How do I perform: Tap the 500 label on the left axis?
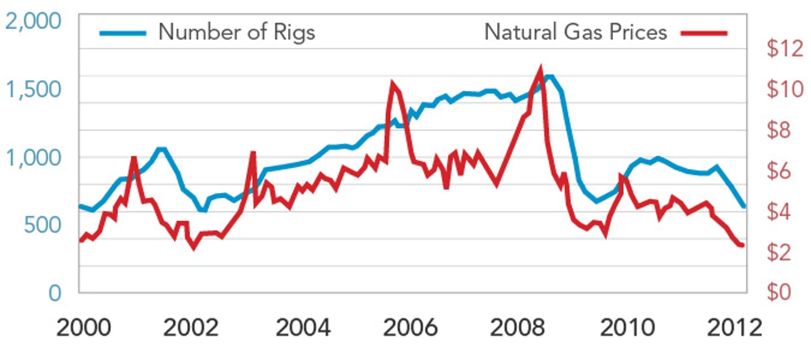click(44, 225)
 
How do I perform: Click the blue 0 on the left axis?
click(54, 293)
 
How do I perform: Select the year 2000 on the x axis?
click(83, 328)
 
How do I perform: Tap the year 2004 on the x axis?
click(303, 328)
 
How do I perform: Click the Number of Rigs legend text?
click(237, 32)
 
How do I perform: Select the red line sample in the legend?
click(704, 33)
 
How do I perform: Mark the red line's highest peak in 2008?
click(540, 69)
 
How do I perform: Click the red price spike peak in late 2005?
click(392, 83)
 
